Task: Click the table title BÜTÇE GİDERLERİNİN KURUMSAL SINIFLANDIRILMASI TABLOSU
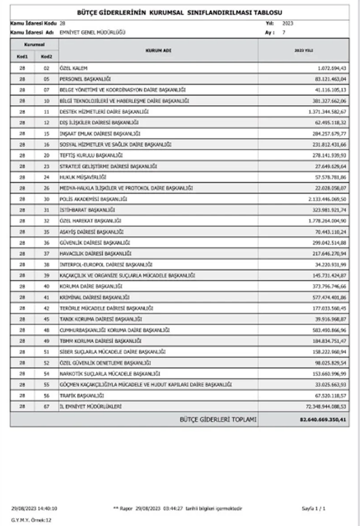click(180, 12)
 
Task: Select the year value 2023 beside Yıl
click(288, 23)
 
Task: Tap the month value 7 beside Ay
click(284, 32)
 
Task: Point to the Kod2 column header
click(46, 57)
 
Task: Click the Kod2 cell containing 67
click(46, 406)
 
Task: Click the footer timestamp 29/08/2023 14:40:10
click(34, 509)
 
